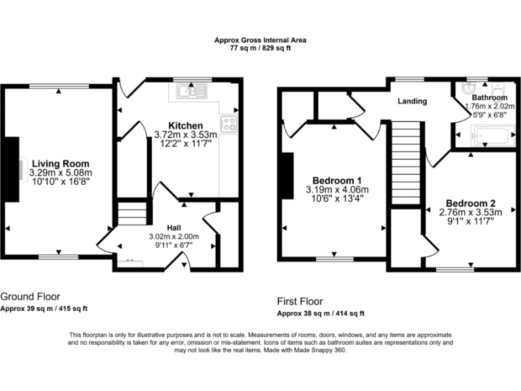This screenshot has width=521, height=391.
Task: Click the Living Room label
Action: [60, 164]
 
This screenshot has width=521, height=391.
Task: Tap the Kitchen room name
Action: [185, 126]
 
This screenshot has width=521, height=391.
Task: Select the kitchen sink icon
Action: [192, 91]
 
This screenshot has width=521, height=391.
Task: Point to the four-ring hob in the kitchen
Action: [229, 124]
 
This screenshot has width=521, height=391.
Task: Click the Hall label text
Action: [174, 228]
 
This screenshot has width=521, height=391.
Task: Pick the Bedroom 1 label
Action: [337, 181]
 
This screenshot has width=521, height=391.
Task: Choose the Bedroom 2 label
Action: [471, 203]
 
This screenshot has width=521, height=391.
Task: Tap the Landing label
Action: [412, 101]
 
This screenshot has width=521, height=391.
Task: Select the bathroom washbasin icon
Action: [469, 88]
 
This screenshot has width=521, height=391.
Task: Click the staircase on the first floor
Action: [406, 163]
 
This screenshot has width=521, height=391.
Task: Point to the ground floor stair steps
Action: [132, 212]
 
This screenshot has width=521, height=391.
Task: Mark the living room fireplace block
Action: [12, 169]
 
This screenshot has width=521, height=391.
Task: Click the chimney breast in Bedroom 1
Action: [288, 176]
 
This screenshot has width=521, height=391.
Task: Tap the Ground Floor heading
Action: [31, 297]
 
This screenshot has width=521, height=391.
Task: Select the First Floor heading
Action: [300, 301]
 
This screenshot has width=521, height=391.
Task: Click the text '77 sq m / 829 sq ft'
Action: [260, 48]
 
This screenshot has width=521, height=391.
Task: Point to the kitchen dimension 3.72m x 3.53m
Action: [185, 134]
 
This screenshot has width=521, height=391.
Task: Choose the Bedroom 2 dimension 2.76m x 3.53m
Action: [471, 212]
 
